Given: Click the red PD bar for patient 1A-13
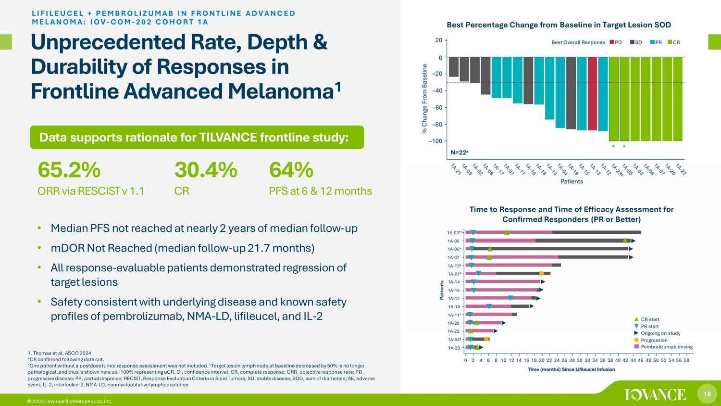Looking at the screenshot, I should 592,93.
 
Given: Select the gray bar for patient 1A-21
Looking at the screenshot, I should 453,67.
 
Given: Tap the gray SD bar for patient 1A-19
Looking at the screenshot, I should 571,93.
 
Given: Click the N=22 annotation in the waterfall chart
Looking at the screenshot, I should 460,152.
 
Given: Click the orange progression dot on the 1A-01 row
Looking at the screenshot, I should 541,274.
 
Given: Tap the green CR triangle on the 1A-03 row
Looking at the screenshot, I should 506,232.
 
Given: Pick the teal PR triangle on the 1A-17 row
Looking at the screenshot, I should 510,298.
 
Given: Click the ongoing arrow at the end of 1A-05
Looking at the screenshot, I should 634,241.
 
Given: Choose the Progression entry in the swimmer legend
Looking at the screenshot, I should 654,340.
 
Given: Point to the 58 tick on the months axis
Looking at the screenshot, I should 686,360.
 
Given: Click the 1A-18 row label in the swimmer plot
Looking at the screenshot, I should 453,307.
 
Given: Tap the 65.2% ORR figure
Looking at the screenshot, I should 69,170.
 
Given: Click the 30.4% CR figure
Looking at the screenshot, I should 206,170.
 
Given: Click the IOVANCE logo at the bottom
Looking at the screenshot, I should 656,394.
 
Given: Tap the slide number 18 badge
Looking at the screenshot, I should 707,394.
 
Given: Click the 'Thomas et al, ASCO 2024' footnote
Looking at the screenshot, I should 61,353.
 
